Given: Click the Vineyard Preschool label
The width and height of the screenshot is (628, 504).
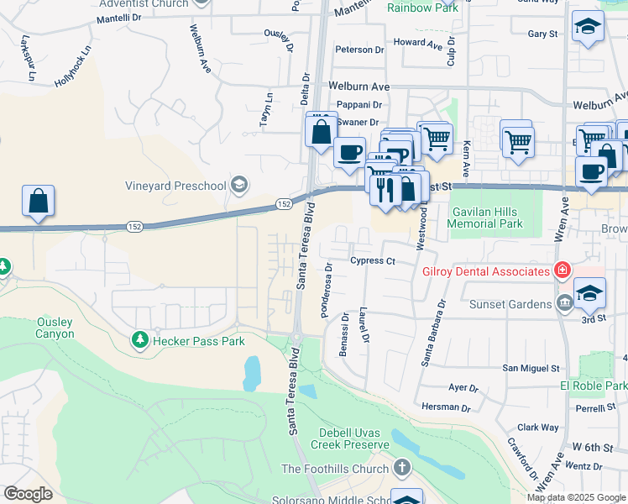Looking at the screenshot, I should click(176, 185).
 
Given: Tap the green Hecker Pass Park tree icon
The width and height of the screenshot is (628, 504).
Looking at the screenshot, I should click(139, 341).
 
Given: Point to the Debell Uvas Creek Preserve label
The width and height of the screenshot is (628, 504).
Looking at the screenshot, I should click(349, 438).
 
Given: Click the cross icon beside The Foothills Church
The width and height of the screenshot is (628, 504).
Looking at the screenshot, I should click(402, 468).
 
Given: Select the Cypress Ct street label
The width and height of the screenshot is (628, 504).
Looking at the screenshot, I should click(373, 261).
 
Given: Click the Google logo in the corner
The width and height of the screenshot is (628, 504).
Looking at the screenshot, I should click(28, 494).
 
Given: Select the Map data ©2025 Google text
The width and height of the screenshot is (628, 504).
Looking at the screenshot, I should click(576, 497).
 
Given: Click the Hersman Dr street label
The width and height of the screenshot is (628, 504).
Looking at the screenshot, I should click(447, 407).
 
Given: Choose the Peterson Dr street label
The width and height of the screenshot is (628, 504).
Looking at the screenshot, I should click(358, 50).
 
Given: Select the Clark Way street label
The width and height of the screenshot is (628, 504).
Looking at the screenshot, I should click(538, 428).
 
